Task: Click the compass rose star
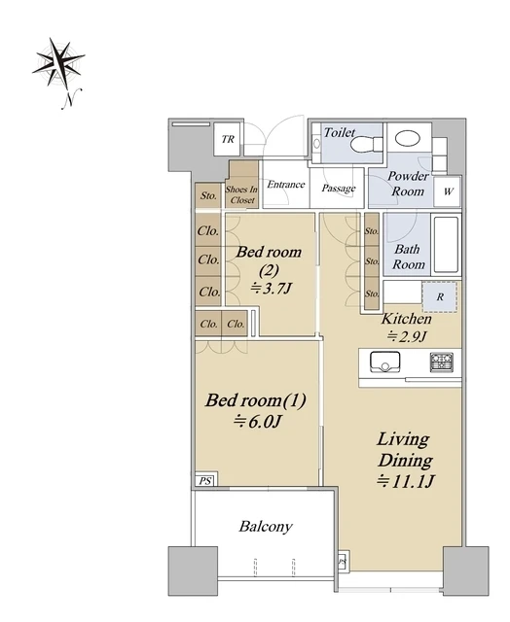click(58, 61)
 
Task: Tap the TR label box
click(228, 139)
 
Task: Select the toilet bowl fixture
click(366, 145)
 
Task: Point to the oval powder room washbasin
click(408, 138)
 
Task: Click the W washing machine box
click(448, 191)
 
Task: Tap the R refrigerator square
click(440, 296)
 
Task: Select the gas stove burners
click(441, 363)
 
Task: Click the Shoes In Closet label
click(241, 194)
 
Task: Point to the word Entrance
click(286, 185)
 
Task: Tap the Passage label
click(339, 188)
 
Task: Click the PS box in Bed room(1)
click(205, 481)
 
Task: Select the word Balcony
click(266, 527)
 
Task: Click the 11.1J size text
click(406, 481)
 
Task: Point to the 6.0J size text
click(257, 421)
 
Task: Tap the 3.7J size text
click(272, 288)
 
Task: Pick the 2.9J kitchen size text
click(407, 336)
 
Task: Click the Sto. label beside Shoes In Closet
click(208, 195)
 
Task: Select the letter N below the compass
click(71, 98)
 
